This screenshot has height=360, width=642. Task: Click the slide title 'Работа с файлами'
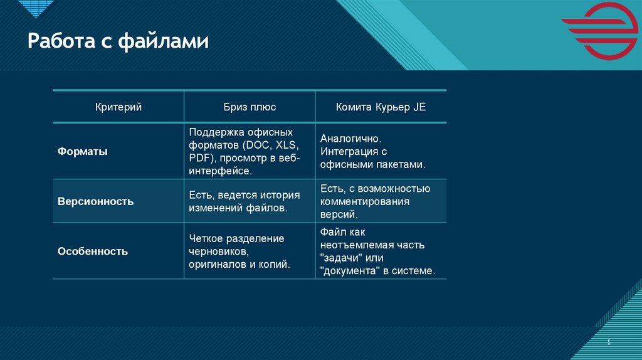[x=117, y=42]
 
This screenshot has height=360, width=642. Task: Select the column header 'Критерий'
[x=118, y=107]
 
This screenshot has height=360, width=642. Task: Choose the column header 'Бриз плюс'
[x=250, y=107]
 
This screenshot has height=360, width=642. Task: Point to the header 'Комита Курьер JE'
[x=381, y=107]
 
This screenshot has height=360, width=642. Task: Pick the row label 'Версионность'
[x=95, y=201]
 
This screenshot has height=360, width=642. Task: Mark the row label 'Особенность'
[x=93, y=251]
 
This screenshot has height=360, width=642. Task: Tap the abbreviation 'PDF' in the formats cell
[x=199, y=157]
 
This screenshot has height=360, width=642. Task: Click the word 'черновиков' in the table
[x=216, y=251]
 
